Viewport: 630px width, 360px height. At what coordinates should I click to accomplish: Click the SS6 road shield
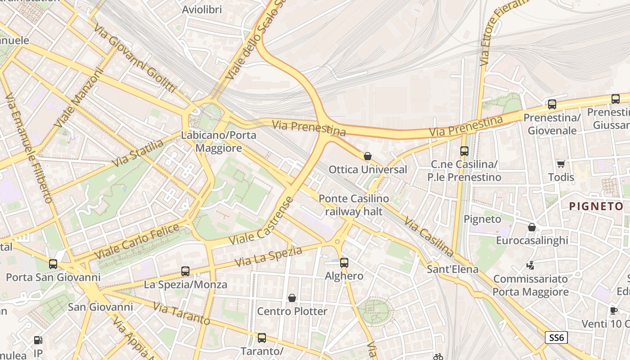point(556,337)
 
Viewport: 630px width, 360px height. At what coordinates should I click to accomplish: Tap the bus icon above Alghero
point(344,262)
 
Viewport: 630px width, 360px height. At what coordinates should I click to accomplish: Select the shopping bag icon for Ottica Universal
point(368,156)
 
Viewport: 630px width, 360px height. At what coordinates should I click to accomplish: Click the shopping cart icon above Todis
point(561,164)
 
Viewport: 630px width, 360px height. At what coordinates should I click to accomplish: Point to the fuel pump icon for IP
point(39,340)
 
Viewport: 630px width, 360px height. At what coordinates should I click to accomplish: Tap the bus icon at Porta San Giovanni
point(53,264)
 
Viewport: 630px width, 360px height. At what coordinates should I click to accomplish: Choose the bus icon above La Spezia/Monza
point(185,271)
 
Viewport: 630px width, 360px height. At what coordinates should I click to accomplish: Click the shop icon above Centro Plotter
point(292,298)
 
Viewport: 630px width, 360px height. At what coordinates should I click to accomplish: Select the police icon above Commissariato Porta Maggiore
point(531,265)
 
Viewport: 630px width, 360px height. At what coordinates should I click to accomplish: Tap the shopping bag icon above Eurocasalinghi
point(532,227)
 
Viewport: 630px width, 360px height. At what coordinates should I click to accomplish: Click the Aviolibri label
point(202,9)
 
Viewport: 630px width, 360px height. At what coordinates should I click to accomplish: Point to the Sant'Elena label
point(452,270)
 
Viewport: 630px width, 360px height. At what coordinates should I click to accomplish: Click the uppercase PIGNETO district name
point(596,207)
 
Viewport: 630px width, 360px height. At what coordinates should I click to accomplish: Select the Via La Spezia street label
point(269,256)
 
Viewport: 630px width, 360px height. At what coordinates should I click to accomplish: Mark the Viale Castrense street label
point(261,221)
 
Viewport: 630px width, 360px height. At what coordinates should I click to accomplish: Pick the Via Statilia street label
point(138,153)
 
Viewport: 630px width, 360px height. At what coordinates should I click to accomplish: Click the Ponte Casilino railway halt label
point(354,205)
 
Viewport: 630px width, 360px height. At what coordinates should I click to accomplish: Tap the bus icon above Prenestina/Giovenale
point(552,104)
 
